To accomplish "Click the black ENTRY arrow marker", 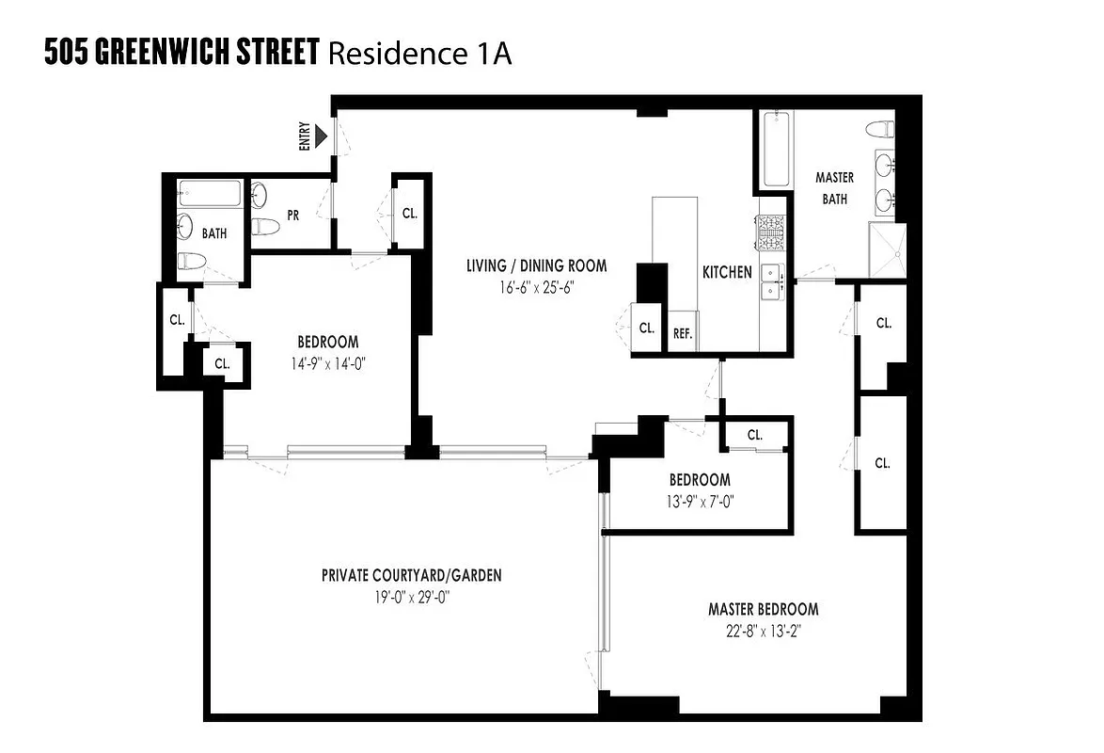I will pos(322,137).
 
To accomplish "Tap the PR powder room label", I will pos(293,215).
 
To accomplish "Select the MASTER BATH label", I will pos(834,188).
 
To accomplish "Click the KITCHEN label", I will pos(727,272).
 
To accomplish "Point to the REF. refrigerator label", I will pos(682,333).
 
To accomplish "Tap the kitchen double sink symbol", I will pos(772,280).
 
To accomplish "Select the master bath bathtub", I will pos(776,150).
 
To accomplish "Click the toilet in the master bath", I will pos(880,129).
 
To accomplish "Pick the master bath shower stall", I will pos(888,249).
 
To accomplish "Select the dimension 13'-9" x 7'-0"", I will pos(700,502).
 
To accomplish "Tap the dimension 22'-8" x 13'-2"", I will pos(763,631).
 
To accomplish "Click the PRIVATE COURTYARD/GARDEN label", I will pos(411,575).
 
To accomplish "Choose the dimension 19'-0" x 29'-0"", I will pos(411,596).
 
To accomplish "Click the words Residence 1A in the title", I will pos(418,54).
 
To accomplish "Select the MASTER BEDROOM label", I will pos(763,609).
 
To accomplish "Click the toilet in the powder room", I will pos(268,226).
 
